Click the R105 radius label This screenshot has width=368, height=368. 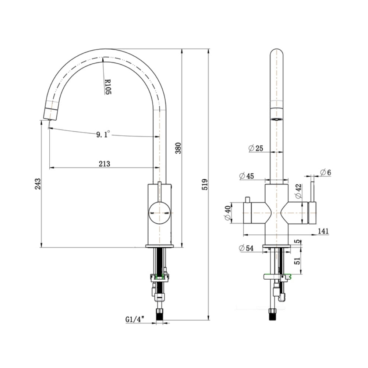[x=108, y=86]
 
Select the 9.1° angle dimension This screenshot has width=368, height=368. [x=103, y=135]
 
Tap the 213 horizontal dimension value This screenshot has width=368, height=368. [x=105, y=164]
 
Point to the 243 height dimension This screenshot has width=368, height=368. [x=38, y=184]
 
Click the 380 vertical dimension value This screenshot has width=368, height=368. [x=178, y=148]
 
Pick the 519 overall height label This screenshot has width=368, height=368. [x=205, y=184]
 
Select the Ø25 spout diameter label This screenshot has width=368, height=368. [x=256, y=148]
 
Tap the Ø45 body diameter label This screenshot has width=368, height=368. [x=247, y=176]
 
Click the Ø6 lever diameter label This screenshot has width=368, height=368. [x=325, y=173]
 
